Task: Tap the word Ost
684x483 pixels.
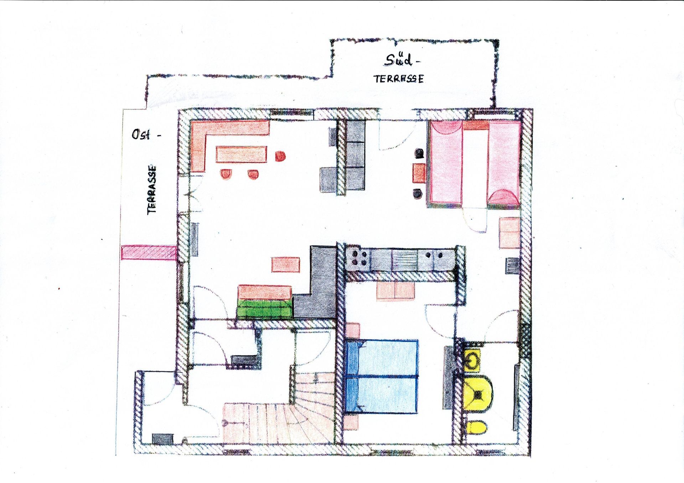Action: click(x=141, y=134)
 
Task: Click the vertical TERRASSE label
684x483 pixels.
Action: click(x=152, y=189)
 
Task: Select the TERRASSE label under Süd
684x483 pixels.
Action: click(x=399, y=79)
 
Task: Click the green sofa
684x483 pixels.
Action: click(x=265, y=308)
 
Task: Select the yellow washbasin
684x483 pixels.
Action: click(x=473, y=360)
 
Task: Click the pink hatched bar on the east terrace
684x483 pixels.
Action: click(x=149, y=253)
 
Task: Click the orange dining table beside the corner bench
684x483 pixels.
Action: click(x=241, y=154)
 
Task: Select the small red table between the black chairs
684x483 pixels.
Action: click(x=419, y=173)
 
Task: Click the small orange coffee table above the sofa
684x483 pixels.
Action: click(x=286, y=265)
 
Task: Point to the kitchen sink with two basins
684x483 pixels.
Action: click(x=405, y=259)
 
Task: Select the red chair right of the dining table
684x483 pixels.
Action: click(x=280, y=156)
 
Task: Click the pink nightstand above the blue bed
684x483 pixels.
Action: click(x=353, y=330)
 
